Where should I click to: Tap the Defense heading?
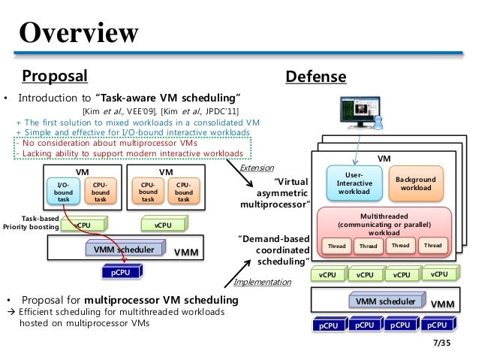(x=315, y=77)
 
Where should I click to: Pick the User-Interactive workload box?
(x=353, y=182)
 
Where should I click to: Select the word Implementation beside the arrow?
(x=262, y=283)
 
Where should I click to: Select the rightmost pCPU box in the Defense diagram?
(x=436, y=325)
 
